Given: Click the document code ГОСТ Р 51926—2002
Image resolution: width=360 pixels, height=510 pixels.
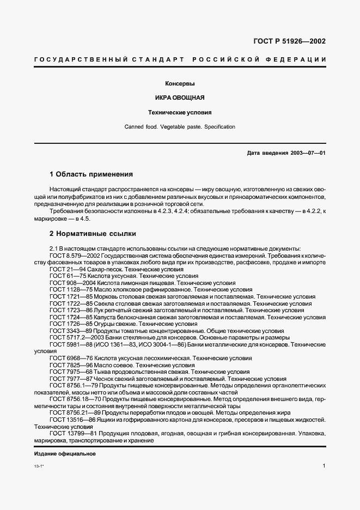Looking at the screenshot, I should (x=290, y=41).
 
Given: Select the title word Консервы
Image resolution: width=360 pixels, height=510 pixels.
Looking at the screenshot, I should (x=180, y=84).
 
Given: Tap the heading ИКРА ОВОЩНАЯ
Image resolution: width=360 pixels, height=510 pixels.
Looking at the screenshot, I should (x=180, y=98).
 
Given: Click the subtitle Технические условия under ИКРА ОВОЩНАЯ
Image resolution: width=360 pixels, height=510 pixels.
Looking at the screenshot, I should (x=180, y=113).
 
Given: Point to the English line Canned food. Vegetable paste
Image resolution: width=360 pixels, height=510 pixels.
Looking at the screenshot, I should (x=180, y=127).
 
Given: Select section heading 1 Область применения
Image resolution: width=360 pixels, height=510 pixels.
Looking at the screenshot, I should (x=91, y=174).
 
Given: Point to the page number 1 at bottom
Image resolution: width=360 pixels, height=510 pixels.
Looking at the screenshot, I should (x=324, y=466).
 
